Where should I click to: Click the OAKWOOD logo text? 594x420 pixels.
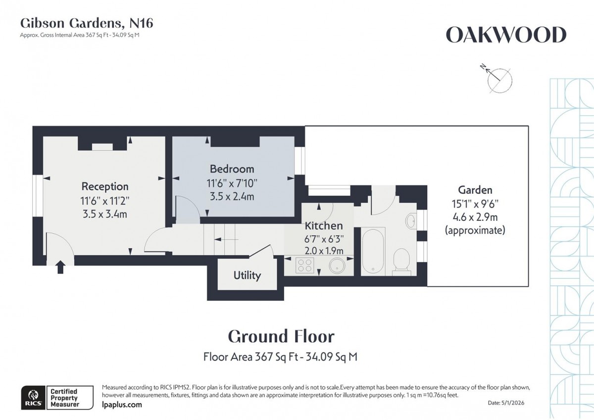505,35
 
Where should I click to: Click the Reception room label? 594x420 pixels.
105,187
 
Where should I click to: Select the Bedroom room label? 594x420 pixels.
232,169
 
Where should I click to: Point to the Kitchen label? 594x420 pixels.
324,226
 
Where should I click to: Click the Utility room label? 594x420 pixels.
247,275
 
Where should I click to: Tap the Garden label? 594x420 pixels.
475,190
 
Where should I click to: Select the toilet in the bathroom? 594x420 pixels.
401,261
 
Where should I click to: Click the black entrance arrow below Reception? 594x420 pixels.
60,267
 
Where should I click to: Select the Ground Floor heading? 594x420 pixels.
281,337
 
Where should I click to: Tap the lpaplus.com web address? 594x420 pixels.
121,405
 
